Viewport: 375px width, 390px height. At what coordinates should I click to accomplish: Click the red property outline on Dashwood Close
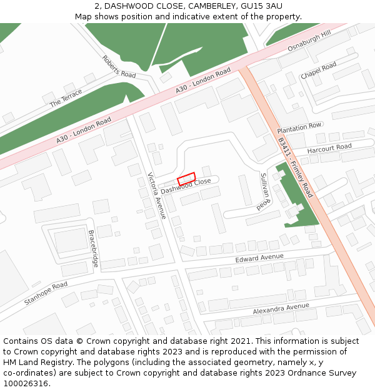pos(186,179)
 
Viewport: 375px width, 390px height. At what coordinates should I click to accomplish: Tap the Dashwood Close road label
pos(186,185)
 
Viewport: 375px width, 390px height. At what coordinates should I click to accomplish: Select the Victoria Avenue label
pos(156,195)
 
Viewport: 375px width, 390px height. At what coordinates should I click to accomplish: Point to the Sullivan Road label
pos(264,190)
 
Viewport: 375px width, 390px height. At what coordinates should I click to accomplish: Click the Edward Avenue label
pos(259,258)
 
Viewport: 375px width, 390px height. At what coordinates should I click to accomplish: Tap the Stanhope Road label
pos(46,293)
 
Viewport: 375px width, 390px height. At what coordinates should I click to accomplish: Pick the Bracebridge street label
pos(94,249)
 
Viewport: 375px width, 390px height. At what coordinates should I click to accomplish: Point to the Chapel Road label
pos(318,70)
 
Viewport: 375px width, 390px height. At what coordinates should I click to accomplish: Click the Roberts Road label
pos(119,66)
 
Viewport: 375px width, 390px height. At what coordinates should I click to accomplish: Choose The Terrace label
pos(66,97)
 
